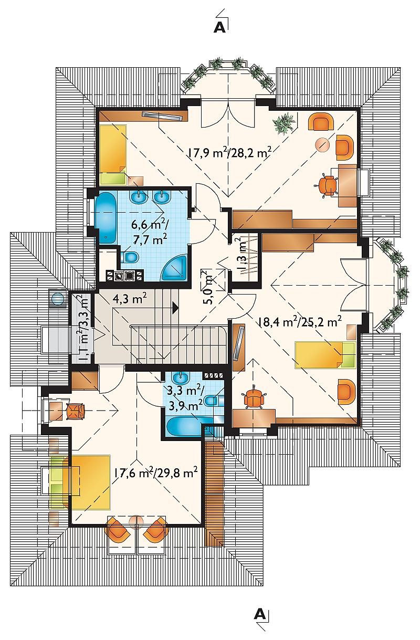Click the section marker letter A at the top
[x=219, y=27]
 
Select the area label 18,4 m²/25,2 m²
[x=300, y=322]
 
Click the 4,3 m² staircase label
[x=130, y=299]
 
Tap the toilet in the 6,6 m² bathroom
[x=130, y=257]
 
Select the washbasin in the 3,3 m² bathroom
[x=181, y=379]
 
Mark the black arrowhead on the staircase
[x=175, y=308]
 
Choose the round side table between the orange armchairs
[x=322, y=144]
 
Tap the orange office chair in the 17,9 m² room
[x=327, y=186]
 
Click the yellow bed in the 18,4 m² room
[x=325, y=354]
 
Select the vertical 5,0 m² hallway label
[x=212, y=287]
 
